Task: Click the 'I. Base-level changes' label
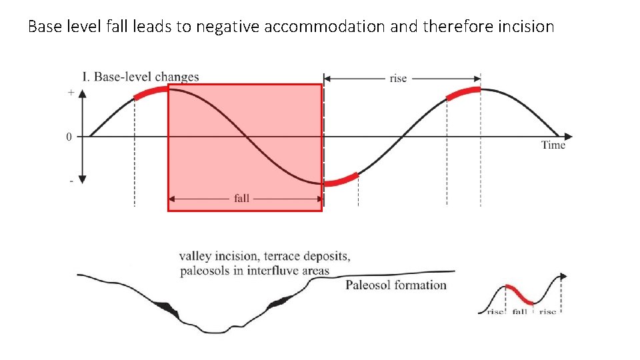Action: click(140, 77)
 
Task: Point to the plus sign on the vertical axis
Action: click(71, 93)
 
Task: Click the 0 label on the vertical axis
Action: click(69, 137)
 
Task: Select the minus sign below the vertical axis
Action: click(71, 181)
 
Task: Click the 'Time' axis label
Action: click(553, 145)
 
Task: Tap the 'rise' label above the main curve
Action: click(398, 79)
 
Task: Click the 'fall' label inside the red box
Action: click(241, 198)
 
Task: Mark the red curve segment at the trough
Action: click(341, 180)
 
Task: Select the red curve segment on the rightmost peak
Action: click(463, 93)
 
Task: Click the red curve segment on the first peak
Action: click(151, 93)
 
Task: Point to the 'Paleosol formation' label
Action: click(396, 285)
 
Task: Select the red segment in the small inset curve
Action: click(520, 295)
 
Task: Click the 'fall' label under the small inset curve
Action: click(520, 311)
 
